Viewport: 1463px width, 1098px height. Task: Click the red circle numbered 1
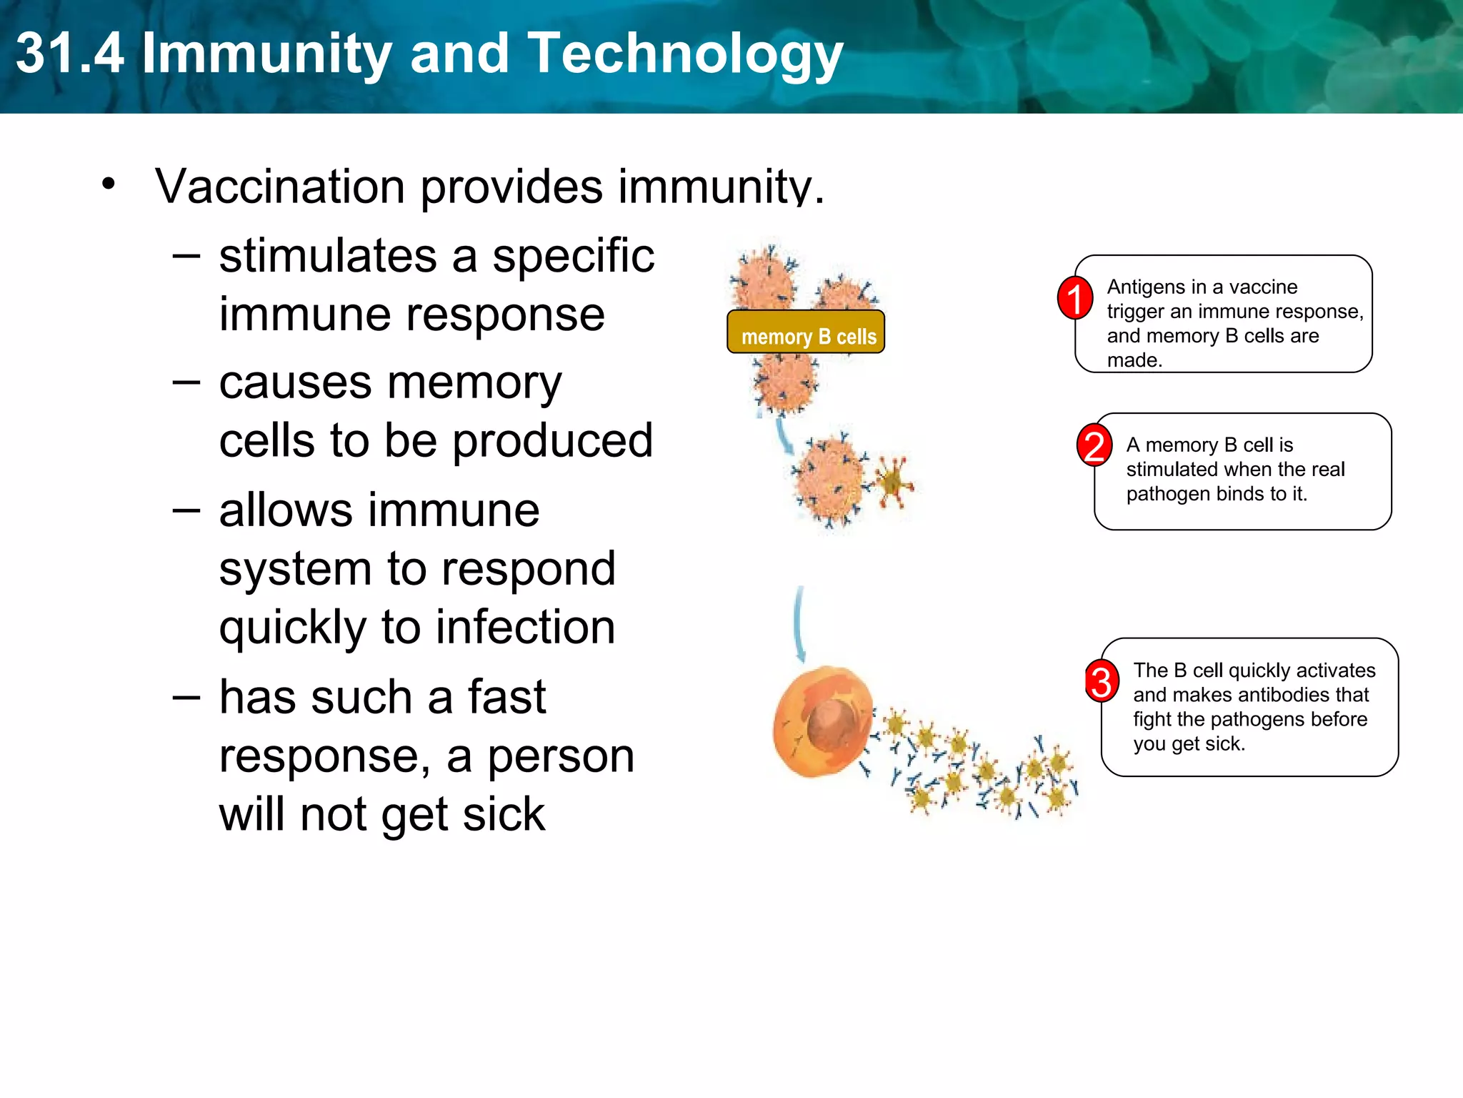click(x=1074, y=298)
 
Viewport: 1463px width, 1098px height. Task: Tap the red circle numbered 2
click(x=1094, y=445)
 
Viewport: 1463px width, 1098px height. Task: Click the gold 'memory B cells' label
click(x=806, y=332)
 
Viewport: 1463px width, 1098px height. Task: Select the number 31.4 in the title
click(x=69, y=54)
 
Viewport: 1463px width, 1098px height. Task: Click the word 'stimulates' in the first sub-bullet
click(x=327, y=257)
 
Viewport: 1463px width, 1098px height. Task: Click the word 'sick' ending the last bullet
click(x=504, y=815)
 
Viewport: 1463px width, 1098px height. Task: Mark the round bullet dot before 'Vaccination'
click(x=109, y=184)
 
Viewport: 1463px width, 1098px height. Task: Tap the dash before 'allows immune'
click(x=186, y=510)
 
